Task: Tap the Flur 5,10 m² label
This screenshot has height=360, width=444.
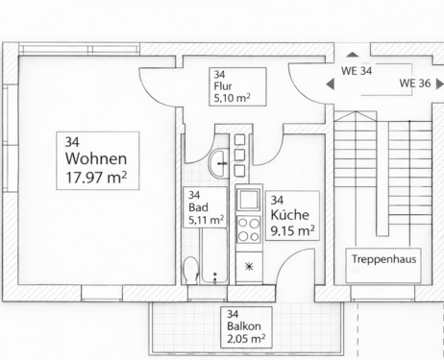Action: tap(231, 86)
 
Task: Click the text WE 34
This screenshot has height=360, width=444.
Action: tap(356, 70)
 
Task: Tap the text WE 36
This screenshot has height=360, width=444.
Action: tap(415, 84)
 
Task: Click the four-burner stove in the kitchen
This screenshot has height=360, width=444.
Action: tap(249, 231)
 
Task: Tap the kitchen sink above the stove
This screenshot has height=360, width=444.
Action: tap(249, 201)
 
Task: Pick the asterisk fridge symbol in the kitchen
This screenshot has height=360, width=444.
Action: tap(249, 265)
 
